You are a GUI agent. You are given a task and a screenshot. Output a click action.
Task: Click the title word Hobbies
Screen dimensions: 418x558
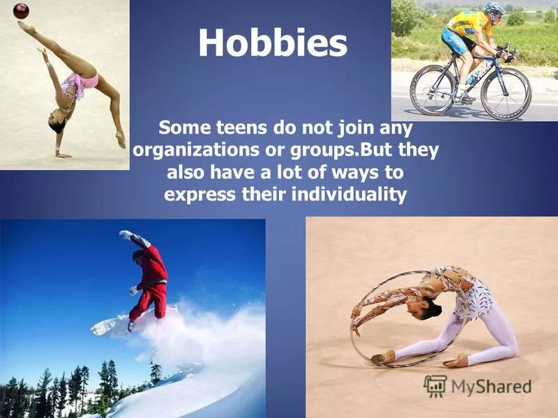[272, 43]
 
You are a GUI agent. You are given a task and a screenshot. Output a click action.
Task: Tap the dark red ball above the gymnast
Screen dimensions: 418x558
[21, 10]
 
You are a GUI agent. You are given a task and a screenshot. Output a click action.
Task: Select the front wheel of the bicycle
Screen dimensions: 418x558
[506, 93]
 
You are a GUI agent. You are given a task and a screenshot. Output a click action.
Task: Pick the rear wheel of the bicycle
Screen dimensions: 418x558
[432, 90]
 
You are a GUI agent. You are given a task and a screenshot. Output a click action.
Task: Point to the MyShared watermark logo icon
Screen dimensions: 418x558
[435, 386]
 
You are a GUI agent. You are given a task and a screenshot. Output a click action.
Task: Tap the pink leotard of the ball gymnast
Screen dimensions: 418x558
[80, 83]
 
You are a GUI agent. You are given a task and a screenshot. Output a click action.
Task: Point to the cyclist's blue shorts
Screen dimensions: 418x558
[457, 43]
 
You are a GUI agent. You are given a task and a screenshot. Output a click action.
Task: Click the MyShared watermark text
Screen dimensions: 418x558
[491, 387]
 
